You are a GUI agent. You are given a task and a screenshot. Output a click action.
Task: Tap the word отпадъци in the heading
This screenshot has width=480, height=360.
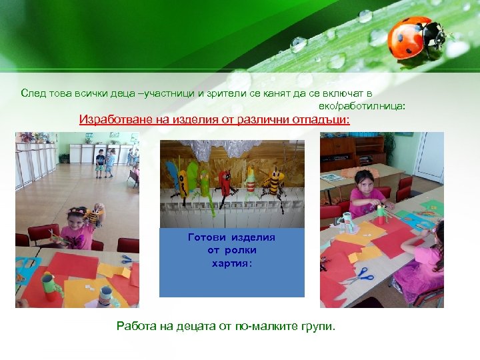(x=323, y=120)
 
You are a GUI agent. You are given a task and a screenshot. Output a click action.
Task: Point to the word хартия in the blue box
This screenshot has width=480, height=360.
(x=231, y=263)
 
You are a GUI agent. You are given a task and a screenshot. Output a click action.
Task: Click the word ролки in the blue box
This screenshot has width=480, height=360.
(x=241, y=250)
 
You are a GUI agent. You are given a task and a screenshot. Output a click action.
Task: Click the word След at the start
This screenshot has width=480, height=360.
(x=33, y=93)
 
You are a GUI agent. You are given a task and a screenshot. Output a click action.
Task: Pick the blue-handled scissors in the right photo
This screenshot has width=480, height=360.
(x=360, y=273)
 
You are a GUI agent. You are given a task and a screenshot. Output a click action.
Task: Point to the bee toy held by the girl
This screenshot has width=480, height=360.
(x=95, y=215)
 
